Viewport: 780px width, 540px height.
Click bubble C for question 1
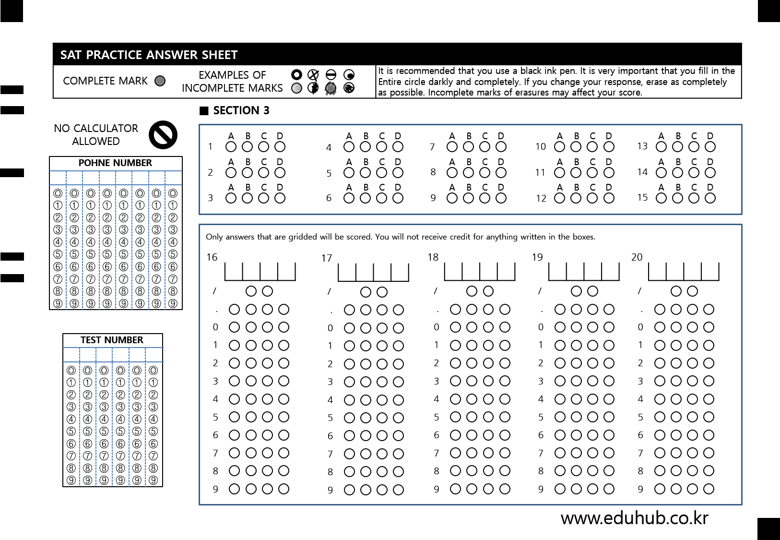[264, 147]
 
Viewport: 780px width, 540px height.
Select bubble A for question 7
[452, 147]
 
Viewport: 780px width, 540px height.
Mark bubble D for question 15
[710, 198]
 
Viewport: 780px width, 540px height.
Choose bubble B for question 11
[576, 172]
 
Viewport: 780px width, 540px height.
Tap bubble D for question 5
[398, 172]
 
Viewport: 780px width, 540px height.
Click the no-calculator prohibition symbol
[163, 135]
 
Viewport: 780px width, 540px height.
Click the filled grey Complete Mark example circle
[160, 81]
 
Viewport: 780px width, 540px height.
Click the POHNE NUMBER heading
[115, 163]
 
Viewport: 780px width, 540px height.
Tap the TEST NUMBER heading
[112, 340]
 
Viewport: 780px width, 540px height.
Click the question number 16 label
[212, 257]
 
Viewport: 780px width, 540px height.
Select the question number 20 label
[637, 257]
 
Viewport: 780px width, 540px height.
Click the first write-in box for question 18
[453, 271]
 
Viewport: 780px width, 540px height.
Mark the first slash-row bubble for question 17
[366, 292]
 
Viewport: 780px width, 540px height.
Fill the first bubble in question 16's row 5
[235, 417]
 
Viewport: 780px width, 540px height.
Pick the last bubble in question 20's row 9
[709, 489]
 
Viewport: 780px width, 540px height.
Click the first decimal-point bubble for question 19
[560, 310]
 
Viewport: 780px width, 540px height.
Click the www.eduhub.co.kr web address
[635, 518]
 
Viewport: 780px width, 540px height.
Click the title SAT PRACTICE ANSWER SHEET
[149, 55]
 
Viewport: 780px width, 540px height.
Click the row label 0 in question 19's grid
[541, 327]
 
